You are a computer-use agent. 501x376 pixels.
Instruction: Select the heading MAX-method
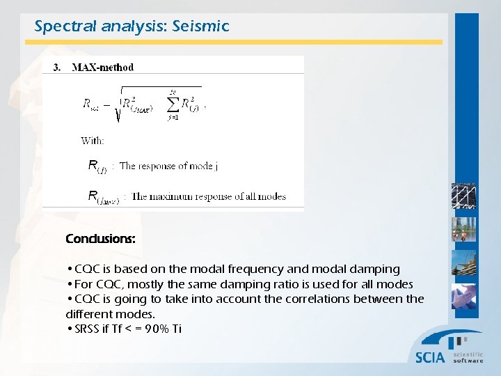click(103, 68)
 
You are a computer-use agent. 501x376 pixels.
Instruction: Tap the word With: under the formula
click(93, 140)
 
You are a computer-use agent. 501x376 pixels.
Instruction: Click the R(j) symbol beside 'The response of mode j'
click(97, 166)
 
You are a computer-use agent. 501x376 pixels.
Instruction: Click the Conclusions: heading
click(100, 239)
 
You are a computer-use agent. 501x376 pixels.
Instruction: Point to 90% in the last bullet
click(154, 329)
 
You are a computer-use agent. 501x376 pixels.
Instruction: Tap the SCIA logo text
click(430, 357)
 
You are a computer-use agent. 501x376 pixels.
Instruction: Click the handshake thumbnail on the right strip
click(463, 297)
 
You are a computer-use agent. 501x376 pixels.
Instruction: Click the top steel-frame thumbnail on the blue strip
click(463, 196)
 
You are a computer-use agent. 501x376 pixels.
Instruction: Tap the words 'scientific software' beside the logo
click(468, 357)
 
